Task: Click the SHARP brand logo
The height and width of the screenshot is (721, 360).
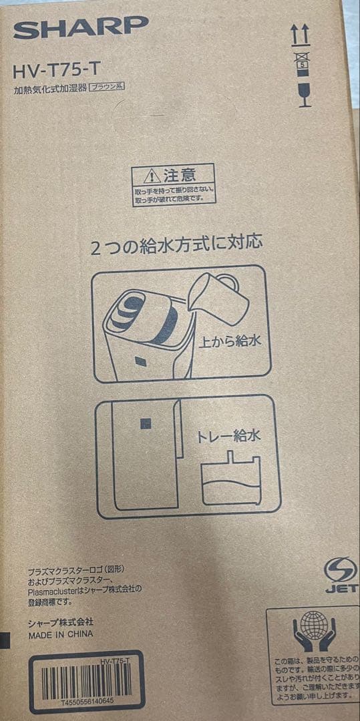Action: [81, 27]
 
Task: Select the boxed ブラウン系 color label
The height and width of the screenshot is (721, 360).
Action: [108, 87]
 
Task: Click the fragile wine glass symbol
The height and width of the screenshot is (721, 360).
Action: [303, 95]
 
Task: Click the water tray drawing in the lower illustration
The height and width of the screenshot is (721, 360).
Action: [231, 480]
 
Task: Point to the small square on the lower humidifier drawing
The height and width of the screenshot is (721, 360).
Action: [145, 423]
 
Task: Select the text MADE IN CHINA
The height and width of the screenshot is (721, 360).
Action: [61, 634]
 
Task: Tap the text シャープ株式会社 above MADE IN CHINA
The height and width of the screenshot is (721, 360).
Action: [61, 622]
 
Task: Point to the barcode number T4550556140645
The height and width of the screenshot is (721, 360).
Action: [87, 702]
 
